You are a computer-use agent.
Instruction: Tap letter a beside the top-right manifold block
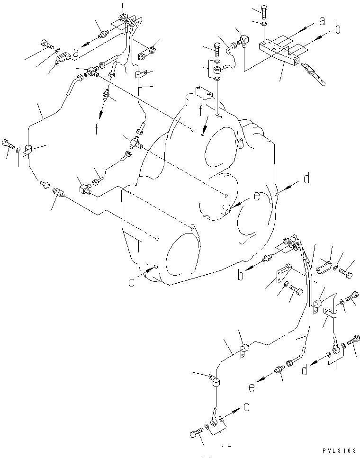point(322,21)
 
